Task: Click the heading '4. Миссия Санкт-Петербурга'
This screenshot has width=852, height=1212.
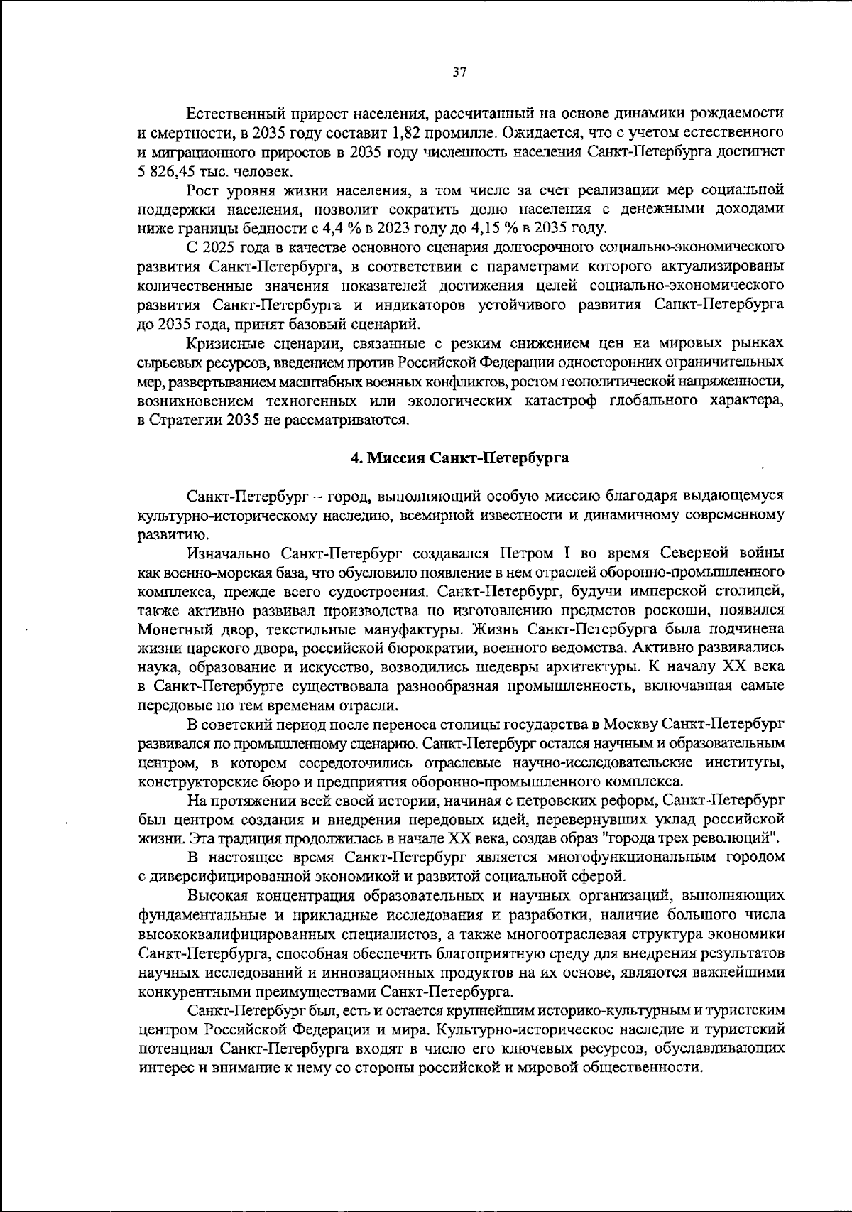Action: coord(460,458)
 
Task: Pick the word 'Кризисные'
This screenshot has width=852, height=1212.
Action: coord(221,344)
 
